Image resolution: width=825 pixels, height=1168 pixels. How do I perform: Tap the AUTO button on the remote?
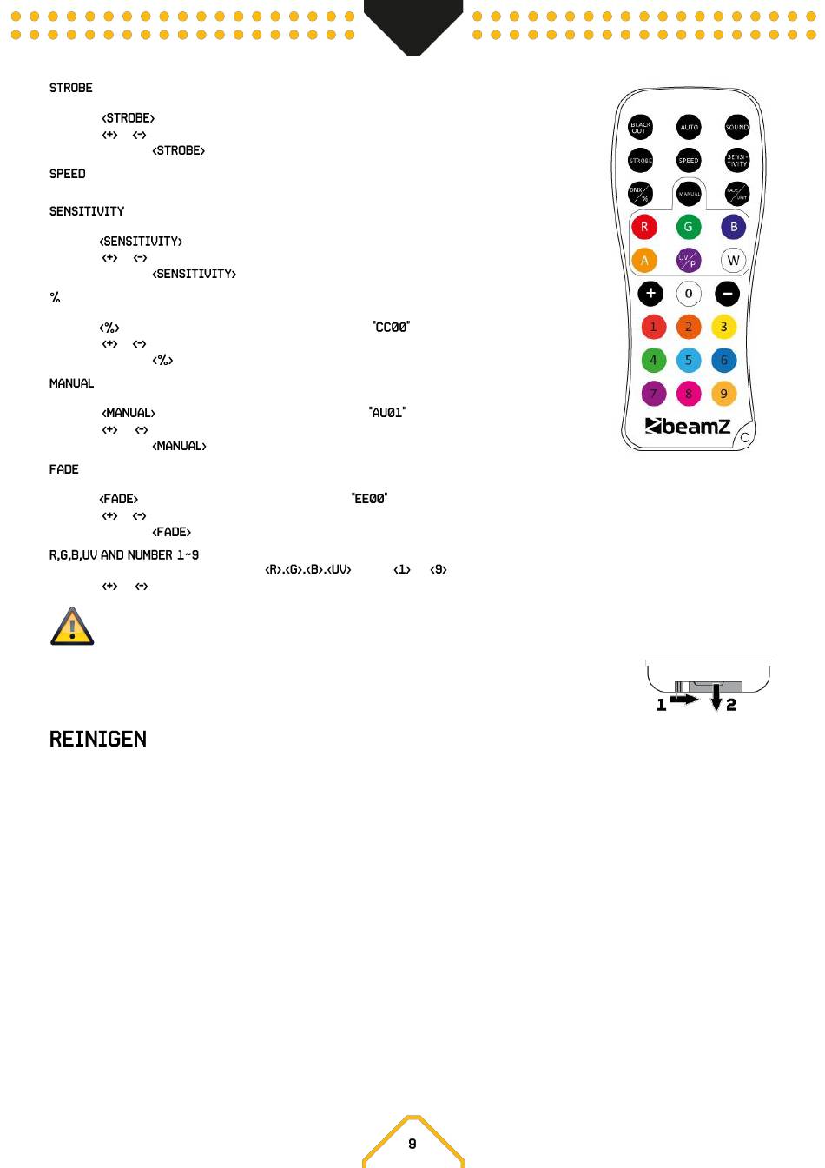pyautogui.click(x=689, y=127)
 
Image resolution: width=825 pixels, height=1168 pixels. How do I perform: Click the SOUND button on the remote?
pyautogui.click(x=736, y=127)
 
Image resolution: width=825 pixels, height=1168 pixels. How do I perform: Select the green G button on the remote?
pyautogui.click(x=689, y=227)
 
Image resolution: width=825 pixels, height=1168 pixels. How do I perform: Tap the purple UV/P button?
pyautogui.click(x=689, y=260)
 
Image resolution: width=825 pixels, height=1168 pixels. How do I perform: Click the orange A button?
pyautogui.click(x=644, y=260)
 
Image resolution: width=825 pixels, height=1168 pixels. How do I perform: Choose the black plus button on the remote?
pyautogui.click(x=650, y=294)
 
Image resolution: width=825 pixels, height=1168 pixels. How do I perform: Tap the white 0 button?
pyautogui.click(x=689, y=294)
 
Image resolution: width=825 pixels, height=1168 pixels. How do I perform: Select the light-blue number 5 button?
pyautogui.click(x=689, y=360)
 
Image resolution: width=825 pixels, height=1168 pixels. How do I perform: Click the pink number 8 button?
pyautogui.click(x=689, y=394)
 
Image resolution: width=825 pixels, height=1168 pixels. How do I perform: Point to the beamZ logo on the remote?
pyautogui.click(x=688, y=426)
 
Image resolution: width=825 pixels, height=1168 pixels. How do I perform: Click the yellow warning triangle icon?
pyautogui.click(x=72, y=627)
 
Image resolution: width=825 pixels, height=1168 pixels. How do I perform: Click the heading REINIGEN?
pyautogui.click(x=98, y=740)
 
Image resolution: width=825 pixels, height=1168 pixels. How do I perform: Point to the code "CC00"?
pyautogui.click(x=391, y=328)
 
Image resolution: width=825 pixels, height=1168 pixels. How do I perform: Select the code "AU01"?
pyautogui.click(x=387, y=413)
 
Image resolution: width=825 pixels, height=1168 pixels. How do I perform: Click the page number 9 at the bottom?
pyautogui.click(x=412, y=1144)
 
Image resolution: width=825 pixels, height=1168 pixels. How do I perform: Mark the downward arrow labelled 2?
pyautogui.click(x=716, y=697)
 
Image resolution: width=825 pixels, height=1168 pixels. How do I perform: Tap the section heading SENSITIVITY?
pyautogui.click(x=87, y=211)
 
